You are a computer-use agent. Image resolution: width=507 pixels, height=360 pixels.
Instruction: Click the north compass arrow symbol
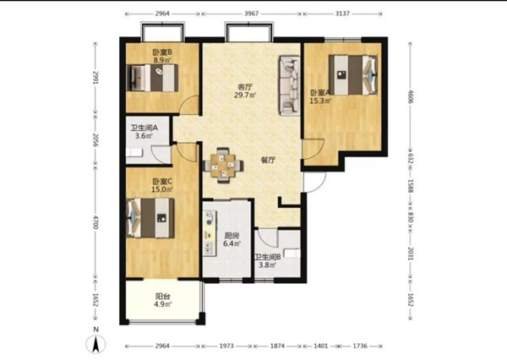point(95,344)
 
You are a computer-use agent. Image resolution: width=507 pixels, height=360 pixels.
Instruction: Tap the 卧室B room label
point(162,52)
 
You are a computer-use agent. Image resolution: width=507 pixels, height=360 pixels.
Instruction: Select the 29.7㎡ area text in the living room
point(245,95)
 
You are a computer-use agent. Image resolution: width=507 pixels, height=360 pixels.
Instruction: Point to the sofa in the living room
point(290,85)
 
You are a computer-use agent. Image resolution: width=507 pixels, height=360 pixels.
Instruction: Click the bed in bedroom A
point(352,75)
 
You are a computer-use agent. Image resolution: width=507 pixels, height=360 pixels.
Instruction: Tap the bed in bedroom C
point(150,218)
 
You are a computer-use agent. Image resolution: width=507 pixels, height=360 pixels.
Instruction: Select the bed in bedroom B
point(152,78)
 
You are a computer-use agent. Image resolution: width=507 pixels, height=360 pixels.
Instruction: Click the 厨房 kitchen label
point(232,236)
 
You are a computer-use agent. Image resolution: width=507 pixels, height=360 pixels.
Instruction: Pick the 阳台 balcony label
point(163,296)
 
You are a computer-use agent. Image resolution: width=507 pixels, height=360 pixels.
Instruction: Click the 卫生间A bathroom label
point(144,128)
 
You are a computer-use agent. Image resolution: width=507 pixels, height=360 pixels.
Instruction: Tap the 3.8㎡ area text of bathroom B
point(267,265)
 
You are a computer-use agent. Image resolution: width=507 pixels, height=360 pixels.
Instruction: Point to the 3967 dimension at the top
point(252,14)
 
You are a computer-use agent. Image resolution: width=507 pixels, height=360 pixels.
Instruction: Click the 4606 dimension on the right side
point(411,96)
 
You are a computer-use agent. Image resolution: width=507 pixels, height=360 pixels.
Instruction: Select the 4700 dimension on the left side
point(95,222)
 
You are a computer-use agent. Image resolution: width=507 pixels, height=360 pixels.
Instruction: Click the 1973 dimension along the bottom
point(226,346)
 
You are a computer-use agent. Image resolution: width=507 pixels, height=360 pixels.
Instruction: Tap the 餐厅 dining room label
point(268,160)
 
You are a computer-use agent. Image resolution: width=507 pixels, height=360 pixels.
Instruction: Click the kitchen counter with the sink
point(210,233)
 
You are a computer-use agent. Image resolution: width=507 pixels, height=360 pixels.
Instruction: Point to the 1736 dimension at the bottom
point(360,346)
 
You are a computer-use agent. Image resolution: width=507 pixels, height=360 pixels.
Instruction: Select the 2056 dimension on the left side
point(95,139)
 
